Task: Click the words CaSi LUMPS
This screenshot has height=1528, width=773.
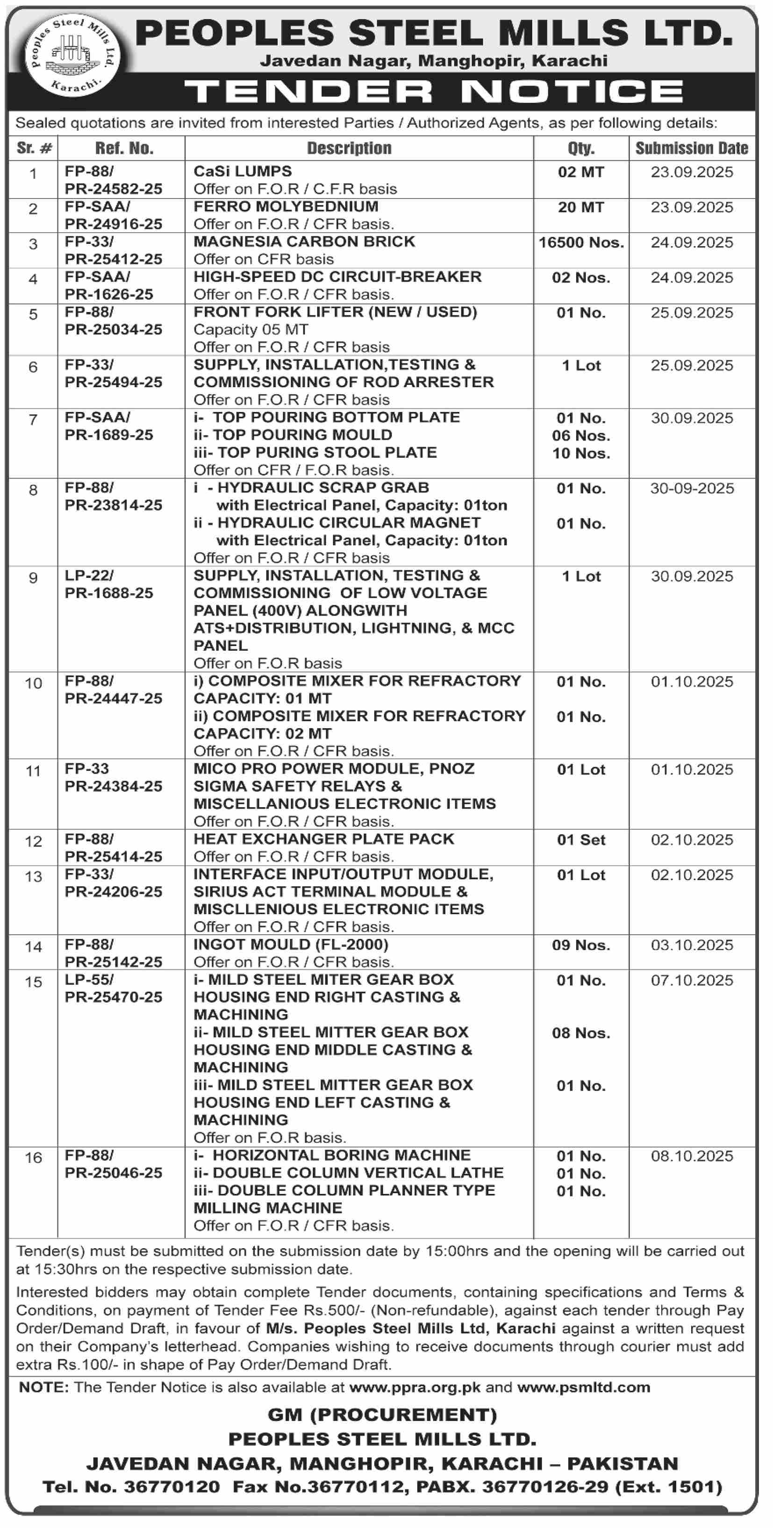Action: (x=243, y=171)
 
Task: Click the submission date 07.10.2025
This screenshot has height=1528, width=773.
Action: (x=692, y=981)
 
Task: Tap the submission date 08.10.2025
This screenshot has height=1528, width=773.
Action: (x=692, y=1156)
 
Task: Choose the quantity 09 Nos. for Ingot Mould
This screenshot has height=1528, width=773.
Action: (x=581, y=945)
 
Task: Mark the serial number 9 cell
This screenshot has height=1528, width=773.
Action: (x=33, y=578)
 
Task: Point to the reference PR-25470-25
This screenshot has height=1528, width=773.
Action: (x=113, y=997)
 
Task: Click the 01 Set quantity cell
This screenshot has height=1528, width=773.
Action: (x=581, y=840)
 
